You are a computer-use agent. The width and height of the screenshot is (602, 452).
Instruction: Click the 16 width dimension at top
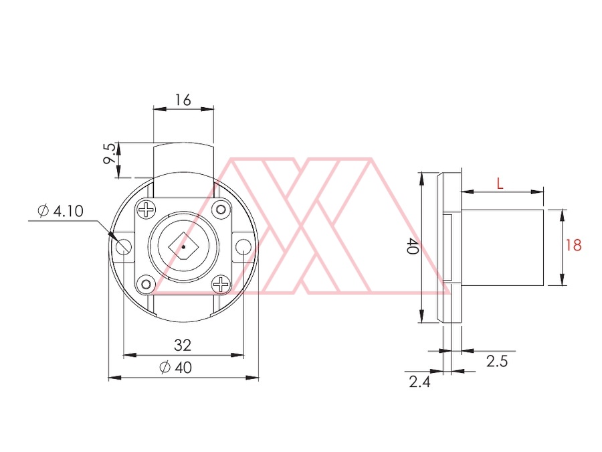(x=183, y=100)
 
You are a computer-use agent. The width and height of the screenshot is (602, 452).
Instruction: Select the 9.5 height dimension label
(x=110, y=153)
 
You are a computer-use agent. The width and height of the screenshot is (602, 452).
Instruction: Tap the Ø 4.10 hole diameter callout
(x=61, y=211)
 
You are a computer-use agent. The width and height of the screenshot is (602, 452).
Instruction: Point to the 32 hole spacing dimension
(x=183, y=345)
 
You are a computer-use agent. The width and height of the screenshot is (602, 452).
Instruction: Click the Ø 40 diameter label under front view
(x=175, y=368)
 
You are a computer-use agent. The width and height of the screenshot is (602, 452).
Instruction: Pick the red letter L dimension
(x=500, y=183)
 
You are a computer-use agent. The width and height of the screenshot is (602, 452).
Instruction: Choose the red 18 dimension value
(x=574, y=245)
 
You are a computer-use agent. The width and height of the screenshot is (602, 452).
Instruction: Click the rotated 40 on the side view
(x=412, y=246)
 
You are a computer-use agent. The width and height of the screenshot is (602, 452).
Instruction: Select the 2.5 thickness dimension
(x=497, y=362)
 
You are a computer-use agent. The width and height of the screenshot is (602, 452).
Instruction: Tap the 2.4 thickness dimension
(x=419, y=382)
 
